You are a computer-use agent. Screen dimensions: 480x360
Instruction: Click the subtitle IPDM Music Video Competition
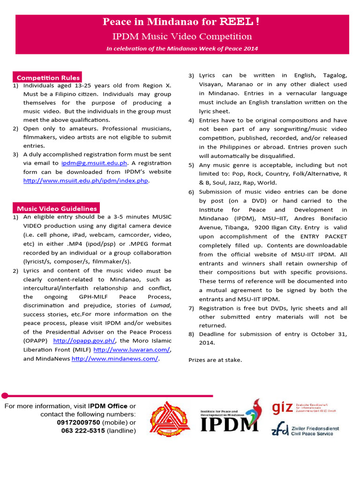pos(182,37)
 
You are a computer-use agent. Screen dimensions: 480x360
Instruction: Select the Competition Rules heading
pos(48,78)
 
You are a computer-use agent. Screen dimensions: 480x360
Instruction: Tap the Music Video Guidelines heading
pos(57,209)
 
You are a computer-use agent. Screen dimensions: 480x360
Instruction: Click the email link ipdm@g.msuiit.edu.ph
pos(94,163)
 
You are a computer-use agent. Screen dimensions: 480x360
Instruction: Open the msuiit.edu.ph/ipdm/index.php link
pos(86,181)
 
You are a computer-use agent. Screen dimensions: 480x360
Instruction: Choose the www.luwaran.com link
pos(132,350)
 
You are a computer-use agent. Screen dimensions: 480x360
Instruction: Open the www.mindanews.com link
pos(115,359)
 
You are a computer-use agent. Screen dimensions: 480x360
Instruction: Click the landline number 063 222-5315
pos(83,431)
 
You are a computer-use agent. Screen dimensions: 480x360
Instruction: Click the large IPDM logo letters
pos(229,423)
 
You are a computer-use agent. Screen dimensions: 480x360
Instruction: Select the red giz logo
pos(283,407)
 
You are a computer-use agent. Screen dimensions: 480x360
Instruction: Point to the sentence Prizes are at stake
pos(215,360)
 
